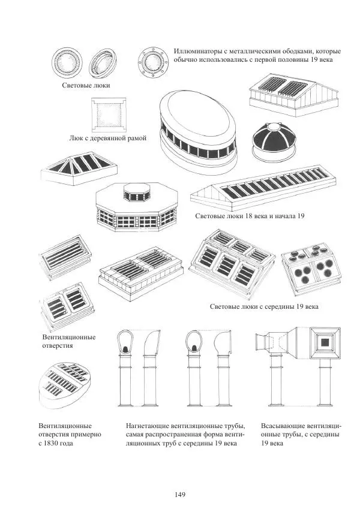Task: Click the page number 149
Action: (179, 495)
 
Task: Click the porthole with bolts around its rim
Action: (152, 63)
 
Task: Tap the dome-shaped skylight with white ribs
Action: (274, 142)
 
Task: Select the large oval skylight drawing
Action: (198, 129)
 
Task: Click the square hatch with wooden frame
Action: (108, 115)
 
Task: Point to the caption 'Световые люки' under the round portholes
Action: (86, 85)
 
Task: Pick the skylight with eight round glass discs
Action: (311, 268)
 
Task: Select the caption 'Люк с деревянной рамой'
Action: (107, 138)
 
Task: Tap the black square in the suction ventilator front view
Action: (325, 342)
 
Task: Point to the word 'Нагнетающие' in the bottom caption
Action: (147, 426)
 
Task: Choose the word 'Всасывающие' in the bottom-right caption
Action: (283, 426)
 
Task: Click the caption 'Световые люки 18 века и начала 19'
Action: (250, 216)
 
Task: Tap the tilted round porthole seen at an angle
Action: (103, 63)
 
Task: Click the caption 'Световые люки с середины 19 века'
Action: (264, 306)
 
